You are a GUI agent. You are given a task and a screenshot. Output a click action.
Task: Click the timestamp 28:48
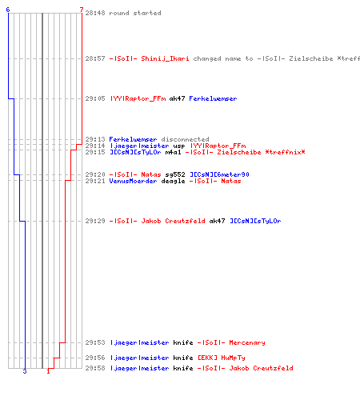(95, 13)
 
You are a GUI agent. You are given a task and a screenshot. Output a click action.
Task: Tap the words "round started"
(135, 13)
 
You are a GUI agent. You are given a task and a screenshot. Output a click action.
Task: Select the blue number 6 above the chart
(8, 10)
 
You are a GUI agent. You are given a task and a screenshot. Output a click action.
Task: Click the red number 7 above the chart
(82, 10)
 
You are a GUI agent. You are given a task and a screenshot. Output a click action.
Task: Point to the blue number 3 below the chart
(25, 371)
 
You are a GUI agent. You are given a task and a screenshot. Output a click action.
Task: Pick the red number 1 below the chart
(48, 371)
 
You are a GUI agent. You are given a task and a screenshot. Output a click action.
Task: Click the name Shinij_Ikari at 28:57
(165, 58)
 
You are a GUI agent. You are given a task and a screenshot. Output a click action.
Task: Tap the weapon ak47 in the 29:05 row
(177, 98)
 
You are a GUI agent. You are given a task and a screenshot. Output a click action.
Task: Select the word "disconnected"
(185, 139)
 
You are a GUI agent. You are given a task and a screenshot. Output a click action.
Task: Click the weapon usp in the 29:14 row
(179, 146)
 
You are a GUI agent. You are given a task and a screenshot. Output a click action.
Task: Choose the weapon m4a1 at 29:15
(173, 152)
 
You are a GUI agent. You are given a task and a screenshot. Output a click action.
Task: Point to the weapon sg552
(175, 174)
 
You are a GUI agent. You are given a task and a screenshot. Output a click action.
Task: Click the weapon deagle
(173, 181)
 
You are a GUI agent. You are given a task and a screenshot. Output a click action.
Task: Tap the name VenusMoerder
(133, 181)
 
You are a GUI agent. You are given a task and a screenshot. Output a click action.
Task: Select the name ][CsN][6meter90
(219, 174)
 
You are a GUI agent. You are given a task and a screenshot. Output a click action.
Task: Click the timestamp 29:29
(95, 221)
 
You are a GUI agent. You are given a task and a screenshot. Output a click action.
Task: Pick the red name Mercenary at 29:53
(247, 342)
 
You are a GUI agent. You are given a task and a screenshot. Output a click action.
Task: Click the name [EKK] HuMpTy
(222, 358)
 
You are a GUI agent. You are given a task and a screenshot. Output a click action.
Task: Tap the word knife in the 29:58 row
(183, 368)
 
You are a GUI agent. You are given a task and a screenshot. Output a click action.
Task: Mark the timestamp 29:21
(95, 181)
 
